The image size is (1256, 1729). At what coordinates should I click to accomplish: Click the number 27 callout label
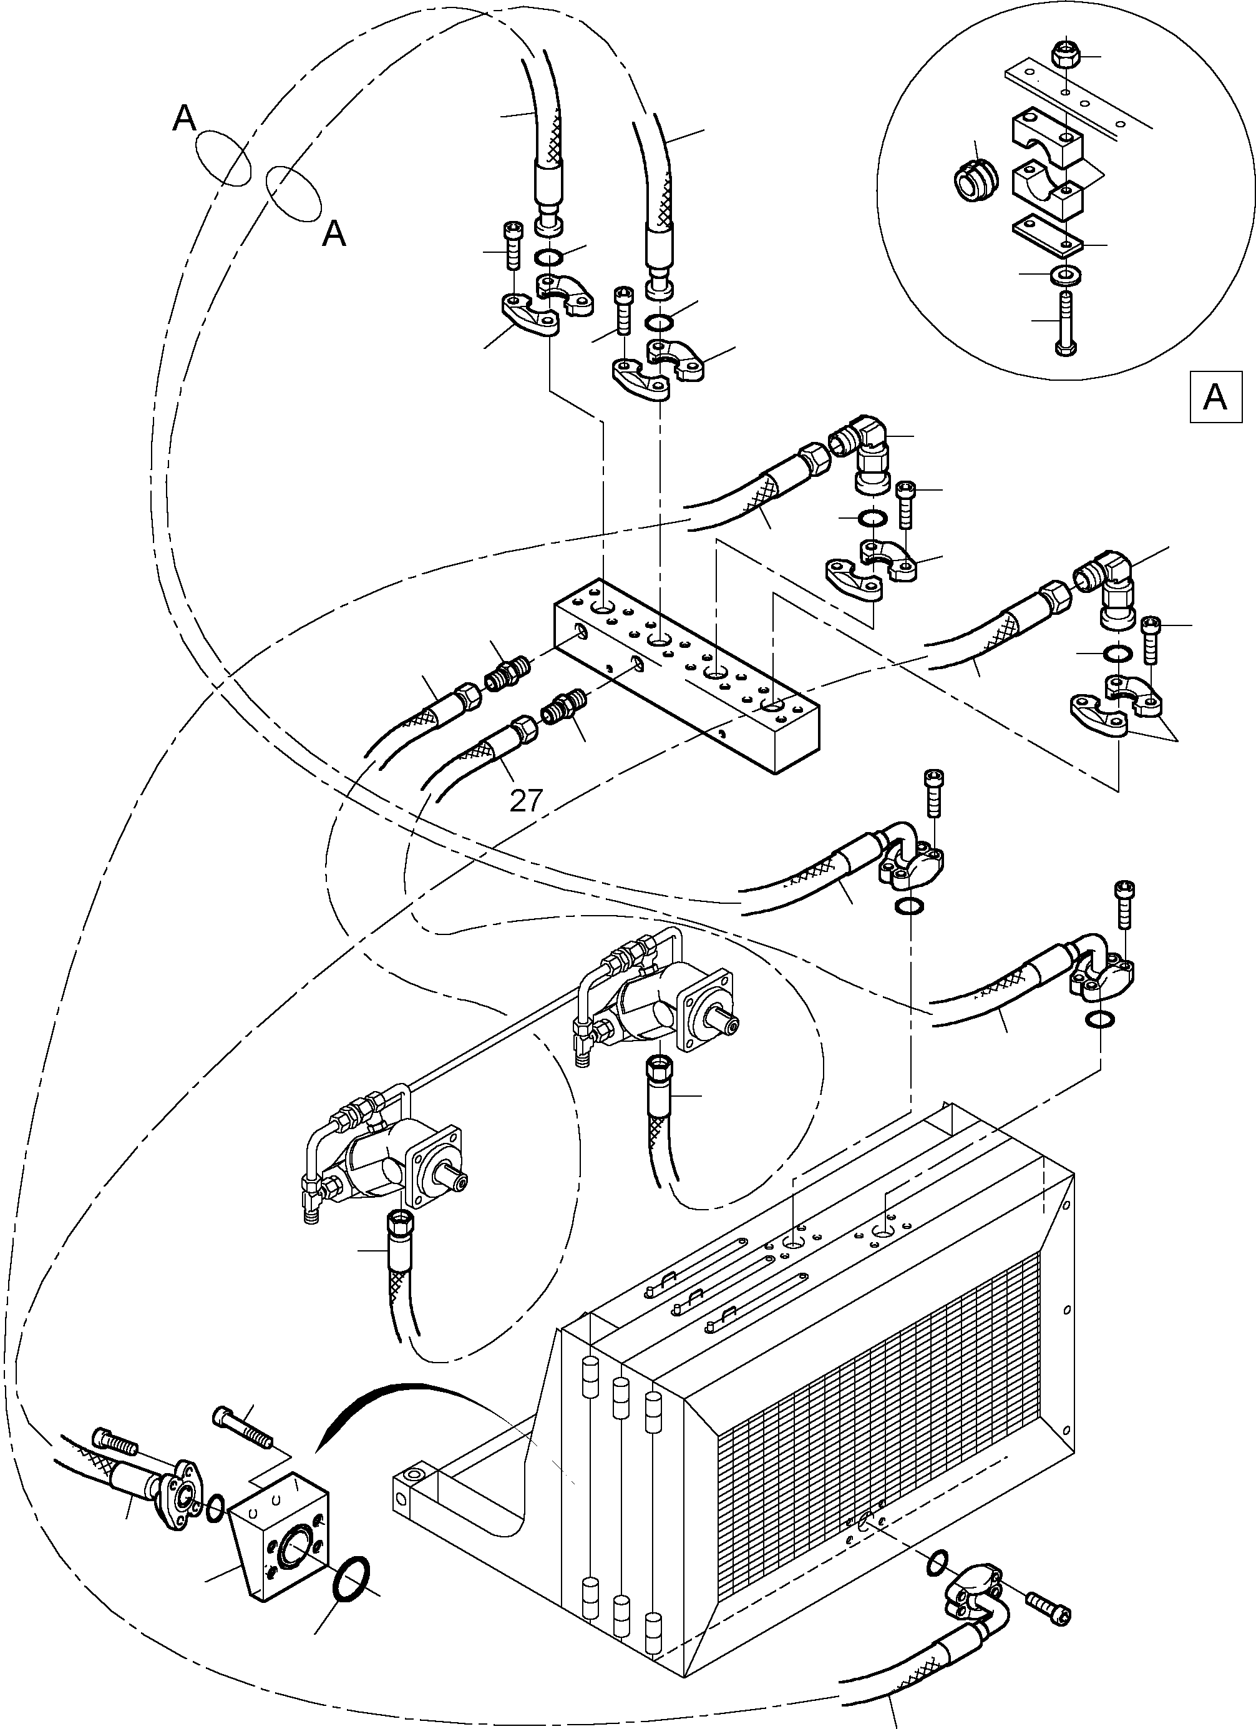pos(526,800)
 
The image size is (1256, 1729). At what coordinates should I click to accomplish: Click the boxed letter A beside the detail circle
pos(1214,397)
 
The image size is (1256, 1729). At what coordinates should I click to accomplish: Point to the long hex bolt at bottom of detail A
pos(1064,321)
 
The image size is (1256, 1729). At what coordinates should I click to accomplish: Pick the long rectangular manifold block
pos(686,671)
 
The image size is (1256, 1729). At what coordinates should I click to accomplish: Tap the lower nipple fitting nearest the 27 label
pos(564,709)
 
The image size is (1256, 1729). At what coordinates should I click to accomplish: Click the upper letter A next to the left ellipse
pos(185,118)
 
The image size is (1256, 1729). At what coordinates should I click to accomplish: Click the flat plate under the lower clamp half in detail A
pos(1048,237)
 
